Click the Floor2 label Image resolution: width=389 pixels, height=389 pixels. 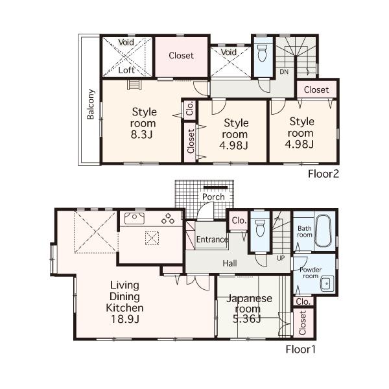324,173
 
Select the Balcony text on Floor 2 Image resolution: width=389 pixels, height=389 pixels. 91,104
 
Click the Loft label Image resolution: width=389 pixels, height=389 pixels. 126,69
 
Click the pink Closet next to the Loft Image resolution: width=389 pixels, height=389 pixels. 181,56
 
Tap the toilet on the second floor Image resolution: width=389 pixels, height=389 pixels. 263,53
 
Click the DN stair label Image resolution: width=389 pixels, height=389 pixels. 284,72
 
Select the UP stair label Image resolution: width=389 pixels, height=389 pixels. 280,258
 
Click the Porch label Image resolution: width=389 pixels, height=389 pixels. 213,197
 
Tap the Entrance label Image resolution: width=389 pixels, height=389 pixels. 212,240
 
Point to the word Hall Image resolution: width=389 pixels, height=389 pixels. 230,263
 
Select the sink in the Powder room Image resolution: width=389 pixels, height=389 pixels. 325,281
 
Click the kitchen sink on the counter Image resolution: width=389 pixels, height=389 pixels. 135,219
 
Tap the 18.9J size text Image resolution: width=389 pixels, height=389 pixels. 126,320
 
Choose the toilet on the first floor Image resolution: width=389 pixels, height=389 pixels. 261,229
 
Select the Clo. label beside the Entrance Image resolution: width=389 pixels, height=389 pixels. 237,220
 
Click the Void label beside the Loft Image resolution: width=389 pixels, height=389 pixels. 126,42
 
